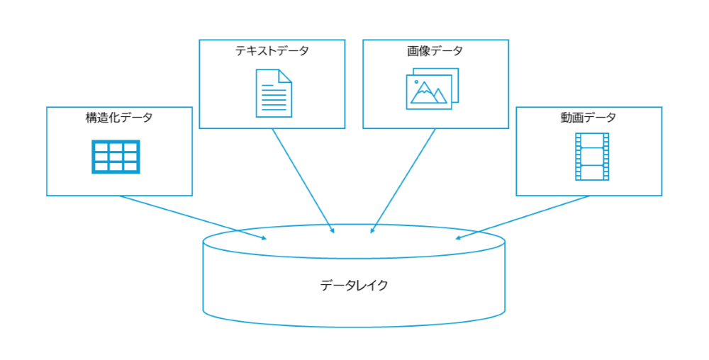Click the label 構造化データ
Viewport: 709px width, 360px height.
pyautogui.click(x=119, y=118)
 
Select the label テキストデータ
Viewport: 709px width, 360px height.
pyautogui.click(x=272, y=51)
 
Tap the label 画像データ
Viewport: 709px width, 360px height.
pyautogui.click(x=435, y=51)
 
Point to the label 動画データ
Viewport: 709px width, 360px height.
pyautogui.click(x=588, y=118)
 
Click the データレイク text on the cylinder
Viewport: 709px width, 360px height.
pyautogui.click(x=354, y=286)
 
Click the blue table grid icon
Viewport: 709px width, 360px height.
pyautogui.click(x=116, y=157)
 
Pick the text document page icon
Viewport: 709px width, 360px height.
pyautogui.click(x=274, y=92)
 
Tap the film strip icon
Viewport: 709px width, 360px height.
pyautogui.click(x=591, y=156)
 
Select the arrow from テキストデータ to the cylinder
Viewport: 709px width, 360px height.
pyautogui.click(x=303, y=181)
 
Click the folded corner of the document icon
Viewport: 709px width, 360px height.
pyautogui.click(x=285, y=75)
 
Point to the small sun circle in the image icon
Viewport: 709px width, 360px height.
pyautogui.click(x=415, y=82)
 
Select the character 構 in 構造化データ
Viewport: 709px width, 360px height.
pyautogui.click(x=91, y=118)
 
